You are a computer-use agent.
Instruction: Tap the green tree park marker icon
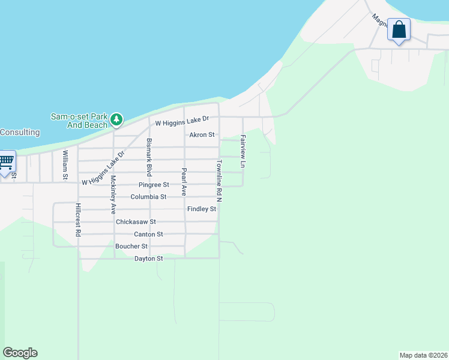pyautogui.click(x=116, y=121)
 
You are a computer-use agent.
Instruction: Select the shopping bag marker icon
pyautogui.click(x=399, y=30)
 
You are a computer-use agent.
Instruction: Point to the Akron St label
pyautogui.click(x=202, y=135)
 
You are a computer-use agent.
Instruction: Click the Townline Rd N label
pyautogui.click(x=220, y=181)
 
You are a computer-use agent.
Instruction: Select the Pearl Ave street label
pyautogui.click(x=184, y=182)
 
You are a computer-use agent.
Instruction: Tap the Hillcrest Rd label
pyautogui.click(x=77, y=220)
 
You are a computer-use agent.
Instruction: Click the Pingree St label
pyautogui.click(x=154, y=185)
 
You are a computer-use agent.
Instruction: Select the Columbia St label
pyautogui.click(x=148, y=197)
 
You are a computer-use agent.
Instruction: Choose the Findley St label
pyautogui.click(x=202, y=209)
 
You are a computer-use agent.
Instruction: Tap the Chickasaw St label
pyautogui.click(x=136, y=221)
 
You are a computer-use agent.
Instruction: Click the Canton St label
pyautogui.click(x=148, y=234)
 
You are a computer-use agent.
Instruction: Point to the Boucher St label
pyautogui.click(x=131, y=246)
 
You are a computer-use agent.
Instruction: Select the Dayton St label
pyautogui.click(x=148, y=259)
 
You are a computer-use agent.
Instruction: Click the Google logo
pyautogui.click(x=20, y=353)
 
